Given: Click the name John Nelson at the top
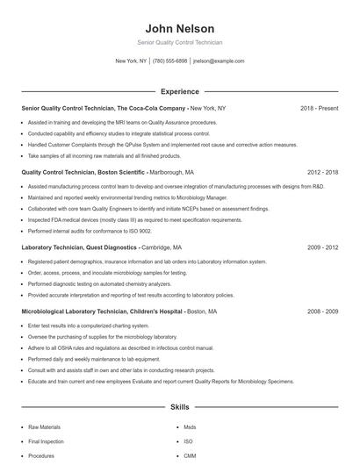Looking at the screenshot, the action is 179,28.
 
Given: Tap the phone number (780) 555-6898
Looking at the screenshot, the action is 169,61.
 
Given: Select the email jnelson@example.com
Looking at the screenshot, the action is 219,61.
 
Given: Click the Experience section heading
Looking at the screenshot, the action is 179,91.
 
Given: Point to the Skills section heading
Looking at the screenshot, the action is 179,407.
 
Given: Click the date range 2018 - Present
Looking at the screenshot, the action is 319,108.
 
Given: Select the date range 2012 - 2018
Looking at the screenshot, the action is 322,172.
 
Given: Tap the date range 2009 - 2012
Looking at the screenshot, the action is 322,247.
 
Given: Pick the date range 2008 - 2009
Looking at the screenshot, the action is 322,311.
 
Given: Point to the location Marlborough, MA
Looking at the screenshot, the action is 172,172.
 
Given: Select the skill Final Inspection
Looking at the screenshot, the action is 46,441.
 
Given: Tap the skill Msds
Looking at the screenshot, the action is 190,427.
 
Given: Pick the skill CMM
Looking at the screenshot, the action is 189,455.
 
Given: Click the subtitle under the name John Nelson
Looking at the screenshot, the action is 179,42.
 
